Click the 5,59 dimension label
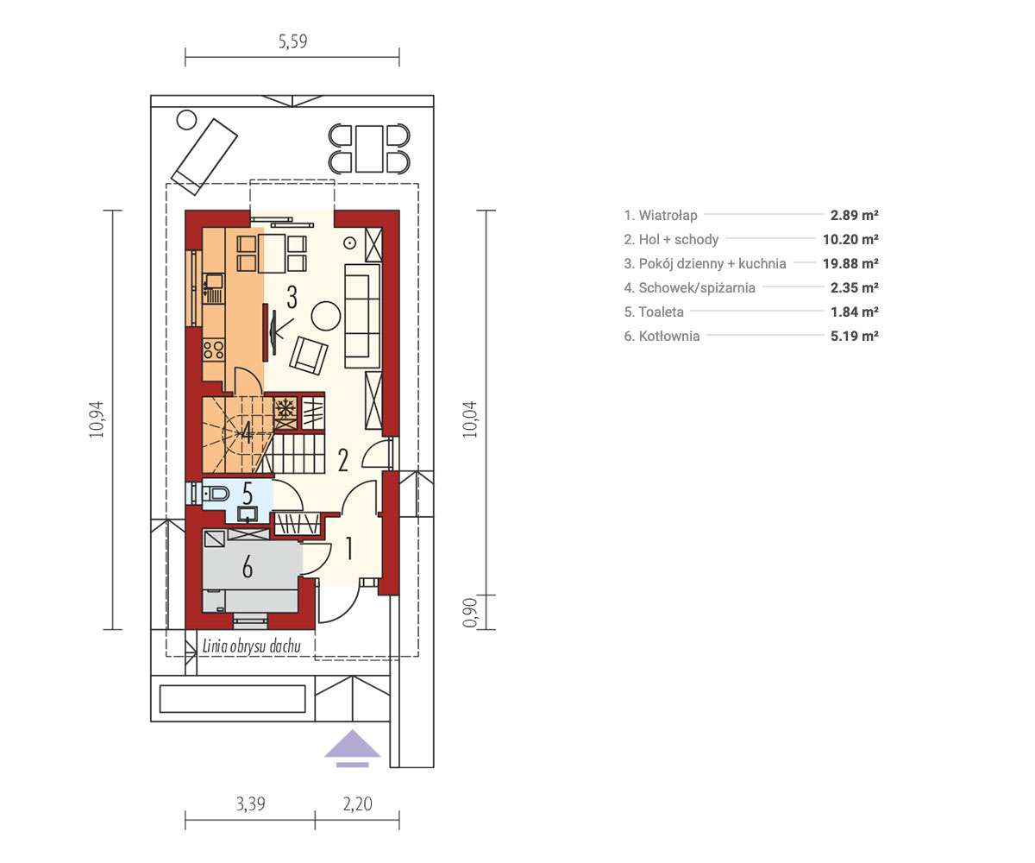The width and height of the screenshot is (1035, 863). (292, 41)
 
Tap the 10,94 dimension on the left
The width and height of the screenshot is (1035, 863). (97, 419)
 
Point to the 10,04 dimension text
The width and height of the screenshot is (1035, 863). (470, 419)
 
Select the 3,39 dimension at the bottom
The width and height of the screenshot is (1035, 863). (250, 803)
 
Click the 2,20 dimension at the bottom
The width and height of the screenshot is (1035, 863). (357, 803)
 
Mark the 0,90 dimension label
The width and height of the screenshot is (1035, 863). (470, 613)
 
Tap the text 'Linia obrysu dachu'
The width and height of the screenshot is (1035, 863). (251, 646)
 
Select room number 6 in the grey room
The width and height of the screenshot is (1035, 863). (248, 566)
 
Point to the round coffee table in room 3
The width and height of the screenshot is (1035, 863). (326, 316)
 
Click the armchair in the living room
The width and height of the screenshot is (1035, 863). (309, 355)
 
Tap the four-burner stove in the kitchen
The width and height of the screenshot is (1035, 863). (214, 350)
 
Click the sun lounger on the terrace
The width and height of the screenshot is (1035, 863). (204, 157)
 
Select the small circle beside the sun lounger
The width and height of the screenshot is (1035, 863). (186, 120)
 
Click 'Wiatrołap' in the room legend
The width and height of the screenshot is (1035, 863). (668, 215)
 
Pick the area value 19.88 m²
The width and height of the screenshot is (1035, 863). (850, 263)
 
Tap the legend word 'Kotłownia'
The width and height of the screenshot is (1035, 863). (669, 337)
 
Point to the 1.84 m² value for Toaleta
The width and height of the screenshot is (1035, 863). (855, 312)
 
